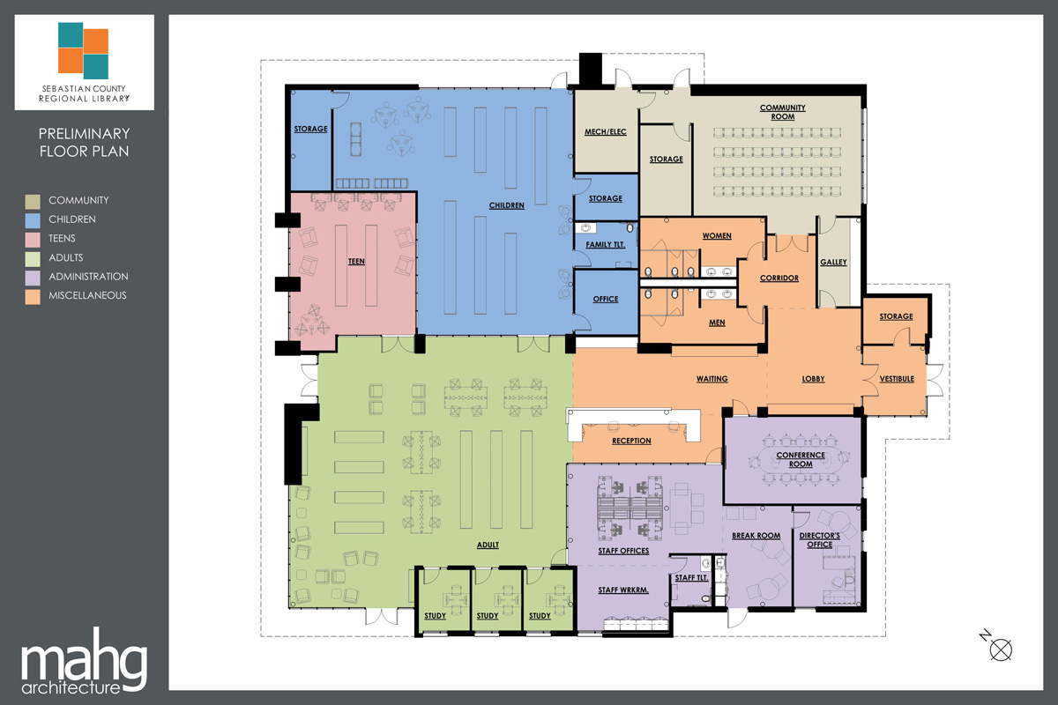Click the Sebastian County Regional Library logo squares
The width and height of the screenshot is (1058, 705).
point(84,49)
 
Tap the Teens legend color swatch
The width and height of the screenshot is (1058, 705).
point(32,239)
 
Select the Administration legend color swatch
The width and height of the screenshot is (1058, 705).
point(32,277)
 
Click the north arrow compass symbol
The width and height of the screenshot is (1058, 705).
point(1001,649)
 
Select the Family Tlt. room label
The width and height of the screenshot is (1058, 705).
point(605,243)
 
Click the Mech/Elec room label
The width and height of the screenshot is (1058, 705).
point(605,132)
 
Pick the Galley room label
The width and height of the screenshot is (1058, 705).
point(833,263)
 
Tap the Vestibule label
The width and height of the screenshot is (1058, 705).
point(897,379)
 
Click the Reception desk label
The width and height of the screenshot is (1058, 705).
point(631,441)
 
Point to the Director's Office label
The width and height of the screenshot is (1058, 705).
point(819,540)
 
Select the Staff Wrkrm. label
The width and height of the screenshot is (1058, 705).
point(624,591)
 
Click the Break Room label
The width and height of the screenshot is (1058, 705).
point(756,536)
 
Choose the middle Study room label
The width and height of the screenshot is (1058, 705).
point(488,616)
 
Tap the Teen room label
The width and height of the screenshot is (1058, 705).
point(355,262)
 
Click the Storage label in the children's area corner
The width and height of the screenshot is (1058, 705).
point(310,130)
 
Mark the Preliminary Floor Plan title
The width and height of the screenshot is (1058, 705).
point(84,143)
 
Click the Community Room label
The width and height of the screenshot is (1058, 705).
point(782,112)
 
